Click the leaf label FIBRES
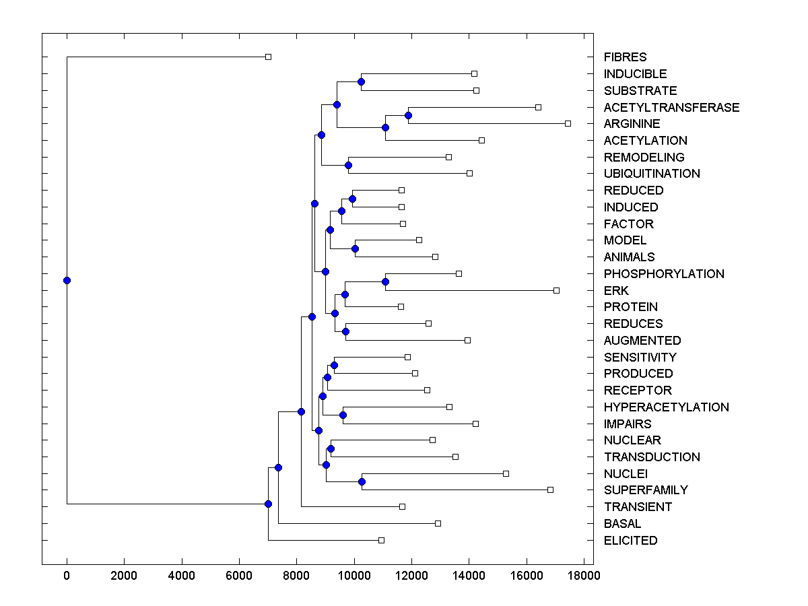[625, 57]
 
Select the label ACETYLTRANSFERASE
[671, 108]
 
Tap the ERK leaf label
[616, 291]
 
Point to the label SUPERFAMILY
[646, 490]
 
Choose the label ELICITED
[630, 541]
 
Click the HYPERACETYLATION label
[666, 407]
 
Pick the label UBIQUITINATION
[652, 174]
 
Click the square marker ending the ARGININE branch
[568, 123]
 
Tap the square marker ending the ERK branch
[556, 290]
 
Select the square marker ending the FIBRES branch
[268, 57]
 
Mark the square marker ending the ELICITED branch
[381, 540]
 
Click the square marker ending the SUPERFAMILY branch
[550, 490]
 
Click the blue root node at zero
[67, 280]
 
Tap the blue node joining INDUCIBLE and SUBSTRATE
[361, 81]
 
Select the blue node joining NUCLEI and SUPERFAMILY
[362, 481]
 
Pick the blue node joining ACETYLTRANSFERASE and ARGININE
[408, 115]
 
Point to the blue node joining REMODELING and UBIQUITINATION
[348, 165]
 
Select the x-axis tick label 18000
[583, 575]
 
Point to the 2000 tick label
[124, 575]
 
